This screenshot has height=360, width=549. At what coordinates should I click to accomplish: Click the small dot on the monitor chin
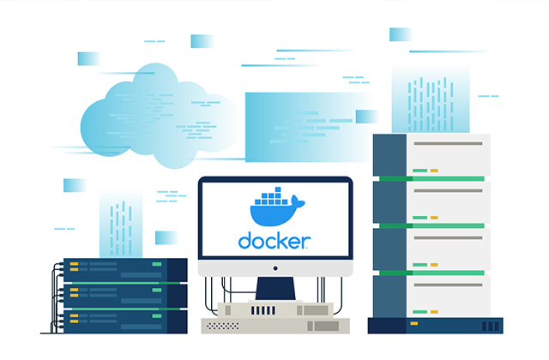point(275,269)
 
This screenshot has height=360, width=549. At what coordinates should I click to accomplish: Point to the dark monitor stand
point(275,287)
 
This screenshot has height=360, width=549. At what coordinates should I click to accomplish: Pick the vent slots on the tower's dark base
point(488,327)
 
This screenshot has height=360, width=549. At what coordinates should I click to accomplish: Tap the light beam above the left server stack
point(120,223)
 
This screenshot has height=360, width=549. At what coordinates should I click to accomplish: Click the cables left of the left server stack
point(57,296)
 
